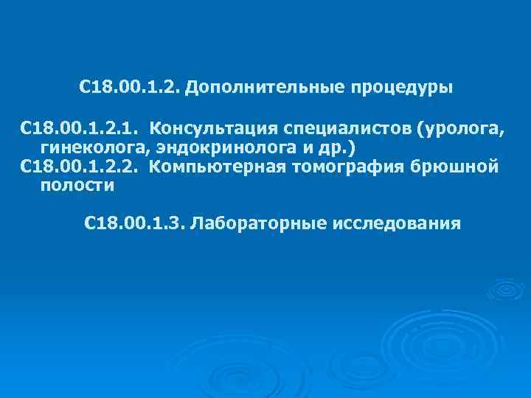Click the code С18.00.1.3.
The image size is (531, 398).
coord(136,223)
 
